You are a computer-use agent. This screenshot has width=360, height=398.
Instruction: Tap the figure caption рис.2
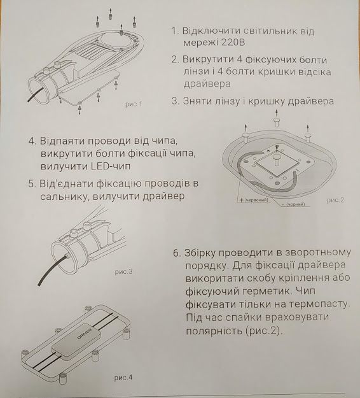pyautogui.click(x=335, y=200)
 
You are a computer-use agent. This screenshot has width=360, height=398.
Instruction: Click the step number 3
pyautogui.click(x=176, y=101)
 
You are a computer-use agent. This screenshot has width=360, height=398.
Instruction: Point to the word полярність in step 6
pyautogui.click(x=221, y=332)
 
